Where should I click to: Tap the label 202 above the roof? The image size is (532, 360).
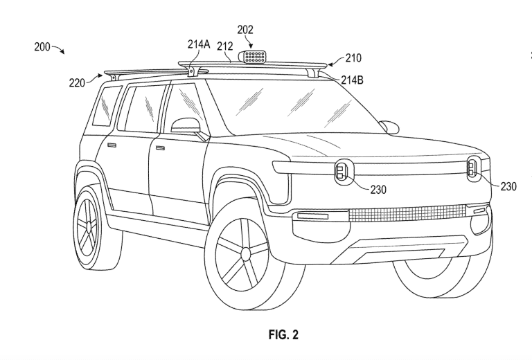[x=245, y=30]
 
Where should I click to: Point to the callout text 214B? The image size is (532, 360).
[x=352, y=80]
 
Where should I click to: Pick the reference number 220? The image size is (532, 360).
[x=77, y=82]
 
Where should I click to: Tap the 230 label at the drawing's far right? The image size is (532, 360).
[x=508, y=186]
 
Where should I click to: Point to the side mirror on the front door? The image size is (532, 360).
[x=185, y=127]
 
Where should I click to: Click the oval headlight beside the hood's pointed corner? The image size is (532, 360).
[x=344, y=170]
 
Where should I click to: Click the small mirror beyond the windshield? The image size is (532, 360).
[x=389, y=126]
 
